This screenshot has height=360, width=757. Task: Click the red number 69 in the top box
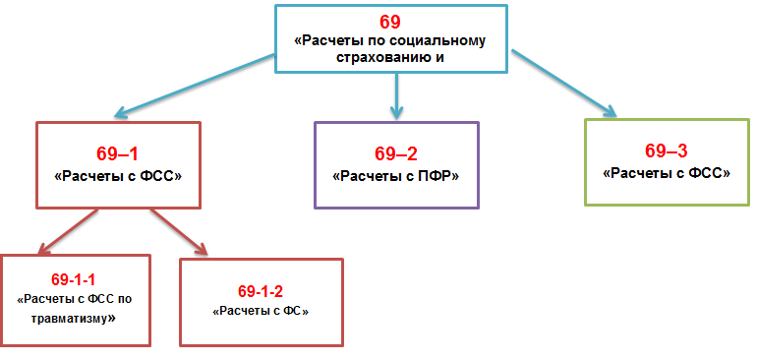click(390, 21)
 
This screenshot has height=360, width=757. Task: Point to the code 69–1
click(117, 153)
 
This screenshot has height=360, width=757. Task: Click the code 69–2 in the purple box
click(395, 153)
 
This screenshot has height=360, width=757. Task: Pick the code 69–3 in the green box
click(666, 150)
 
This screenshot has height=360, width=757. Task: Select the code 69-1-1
click(75, 278)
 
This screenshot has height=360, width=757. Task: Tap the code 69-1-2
click(261, 290)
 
